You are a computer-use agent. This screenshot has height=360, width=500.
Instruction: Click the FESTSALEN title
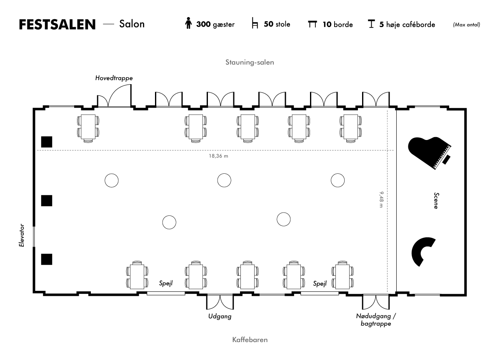[x=57, y=24]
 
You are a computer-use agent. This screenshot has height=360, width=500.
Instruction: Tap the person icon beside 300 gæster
[x=188, y=23]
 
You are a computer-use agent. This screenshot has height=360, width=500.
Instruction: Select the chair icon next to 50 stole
[x=255, y=23]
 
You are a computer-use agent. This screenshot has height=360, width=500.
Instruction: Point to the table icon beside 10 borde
[x=312, y=24]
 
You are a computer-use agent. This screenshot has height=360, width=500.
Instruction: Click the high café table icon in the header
[x=371, y=24]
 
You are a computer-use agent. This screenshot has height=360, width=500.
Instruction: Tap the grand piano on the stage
[x=430, y=153]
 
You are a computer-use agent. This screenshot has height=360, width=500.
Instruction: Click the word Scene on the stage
[x=436, y=201]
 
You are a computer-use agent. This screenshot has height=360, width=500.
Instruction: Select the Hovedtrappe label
[x=114, y=78]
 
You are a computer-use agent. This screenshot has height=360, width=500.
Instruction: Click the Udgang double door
[x=220, y=302]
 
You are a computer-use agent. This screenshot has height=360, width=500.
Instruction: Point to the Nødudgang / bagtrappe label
[x=376, y=320]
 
